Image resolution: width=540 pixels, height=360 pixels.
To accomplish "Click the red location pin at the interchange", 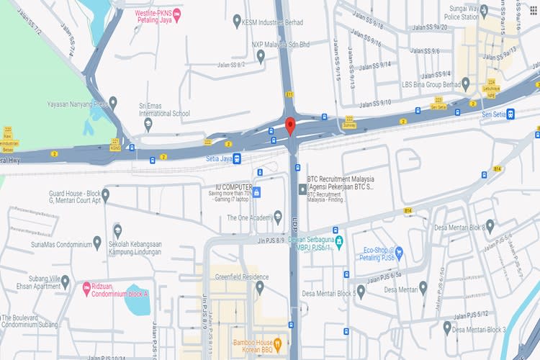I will (x=290, y=125).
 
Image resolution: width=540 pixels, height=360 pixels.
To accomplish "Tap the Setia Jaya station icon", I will (x=237, y=158).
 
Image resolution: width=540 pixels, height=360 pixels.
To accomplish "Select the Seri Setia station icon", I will (x=510, y=113).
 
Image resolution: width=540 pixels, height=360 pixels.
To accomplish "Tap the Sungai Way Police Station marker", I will (x=484, y=10).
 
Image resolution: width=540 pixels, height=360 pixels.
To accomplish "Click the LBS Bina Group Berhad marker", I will (x=465, y=84).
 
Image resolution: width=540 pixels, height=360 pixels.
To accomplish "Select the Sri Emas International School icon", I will (x=148, y=123).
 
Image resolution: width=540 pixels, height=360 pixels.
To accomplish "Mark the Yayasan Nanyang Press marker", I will (x=113, y=103).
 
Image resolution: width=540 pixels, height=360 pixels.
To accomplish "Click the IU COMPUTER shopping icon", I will (x=256, y=193).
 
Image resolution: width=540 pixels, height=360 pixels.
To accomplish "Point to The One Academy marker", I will (x=278, y=217).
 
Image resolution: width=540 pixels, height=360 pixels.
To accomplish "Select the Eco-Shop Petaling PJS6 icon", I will (x=400, y=254).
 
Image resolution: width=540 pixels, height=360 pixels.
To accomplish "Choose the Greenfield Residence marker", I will (x=260, y=287).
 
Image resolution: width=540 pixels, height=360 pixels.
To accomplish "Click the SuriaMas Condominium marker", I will (x=97, y=243).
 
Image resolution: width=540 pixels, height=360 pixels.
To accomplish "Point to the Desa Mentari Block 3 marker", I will (x=447, y=328).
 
